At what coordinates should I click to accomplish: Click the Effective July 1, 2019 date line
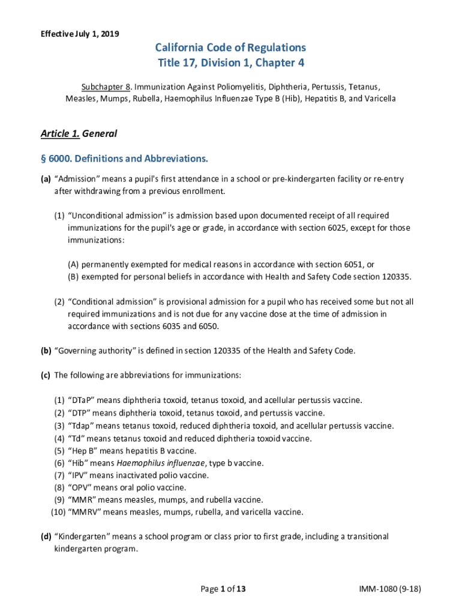pos(80,34)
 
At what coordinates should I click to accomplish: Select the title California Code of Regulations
pos(230,47)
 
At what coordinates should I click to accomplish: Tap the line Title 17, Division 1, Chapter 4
pos(230,62)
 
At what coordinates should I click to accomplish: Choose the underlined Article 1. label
pos(59,133)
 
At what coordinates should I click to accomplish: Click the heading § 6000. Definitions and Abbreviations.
pos(124,159)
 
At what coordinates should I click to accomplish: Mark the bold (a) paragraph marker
pos(46,179)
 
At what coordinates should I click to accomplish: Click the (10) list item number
pos(58,512)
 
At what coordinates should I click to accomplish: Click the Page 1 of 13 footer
pos(223,589)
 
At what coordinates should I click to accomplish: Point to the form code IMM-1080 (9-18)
pos(391,589)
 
